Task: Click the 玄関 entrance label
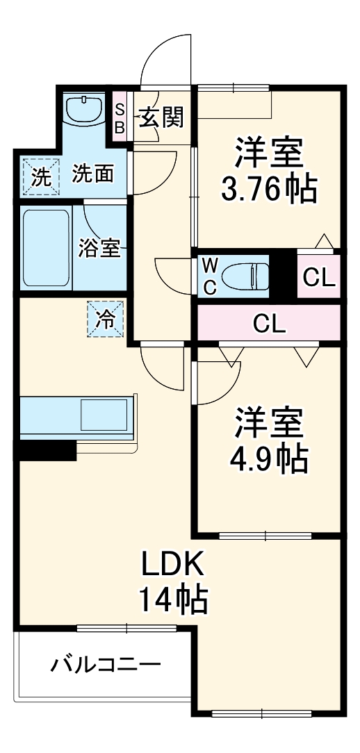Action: [163, 117]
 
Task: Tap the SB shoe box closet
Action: [120, 118]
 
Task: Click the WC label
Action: [209, 276]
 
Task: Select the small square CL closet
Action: [319, 277]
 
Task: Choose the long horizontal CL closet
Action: [270, 324]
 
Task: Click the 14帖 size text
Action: [173, 599]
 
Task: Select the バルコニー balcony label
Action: [105, 665]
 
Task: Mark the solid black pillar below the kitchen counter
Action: [45, 450]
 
